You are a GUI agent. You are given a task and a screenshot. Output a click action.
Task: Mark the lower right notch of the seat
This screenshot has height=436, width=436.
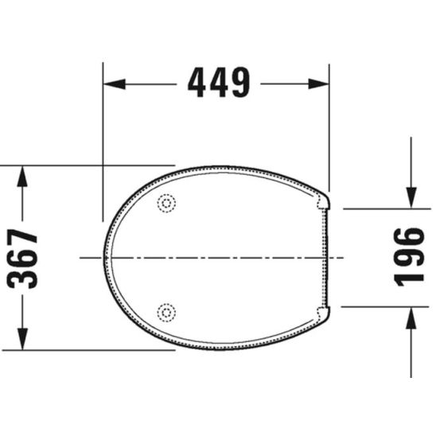pyautogui.click(x=327, y=313)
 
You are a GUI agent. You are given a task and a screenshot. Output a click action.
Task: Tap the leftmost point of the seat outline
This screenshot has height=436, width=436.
pyautogui.click(x=104, y=256)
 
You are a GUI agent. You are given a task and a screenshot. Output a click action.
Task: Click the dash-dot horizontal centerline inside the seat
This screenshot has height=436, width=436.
pyautogui.click(x=215, y=257)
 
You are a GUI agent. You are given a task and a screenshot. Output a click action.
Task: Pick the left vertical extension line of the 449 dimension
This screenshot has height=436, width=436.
pyautogui.click(x=102, y=143)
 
